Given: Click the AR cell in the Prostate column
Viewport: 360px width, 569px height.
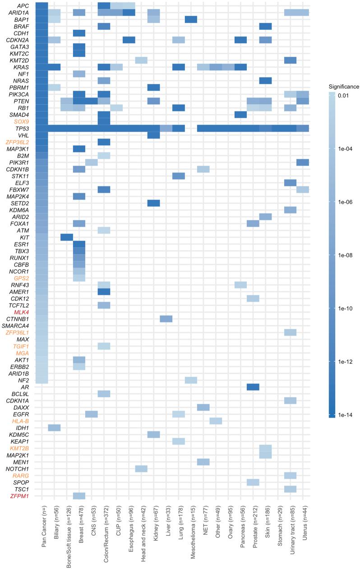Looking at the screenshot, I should click(x=253, y=387).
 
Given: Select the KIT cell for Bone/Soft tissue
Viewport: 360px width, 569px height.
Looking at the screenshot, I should click(x=67, y=237).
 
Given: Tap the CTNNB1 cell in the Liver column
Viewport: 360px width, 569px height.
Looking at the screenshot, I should click(x=166, y=319).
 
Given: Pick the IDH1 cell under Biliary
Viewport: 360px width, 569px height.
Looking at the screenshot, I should click(x=54, y=427).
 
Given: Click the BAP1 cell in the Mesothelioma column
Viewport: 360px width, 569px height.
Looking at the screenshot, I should click(x=191, y=19).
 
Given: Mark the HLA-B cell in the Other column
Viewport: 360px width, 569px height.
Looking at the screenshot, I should click(x=216, y=421).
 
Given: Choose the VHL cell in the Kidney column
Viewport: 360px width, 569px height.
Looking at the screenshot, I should click(x=153, y=135).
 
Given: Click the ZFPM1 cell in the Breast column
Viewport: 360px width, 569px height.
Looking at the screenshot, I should click(x=79, y=496).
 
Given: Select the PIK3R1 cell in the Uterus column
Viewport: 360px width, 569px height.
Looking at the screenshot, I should click(x=303, y=162).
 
